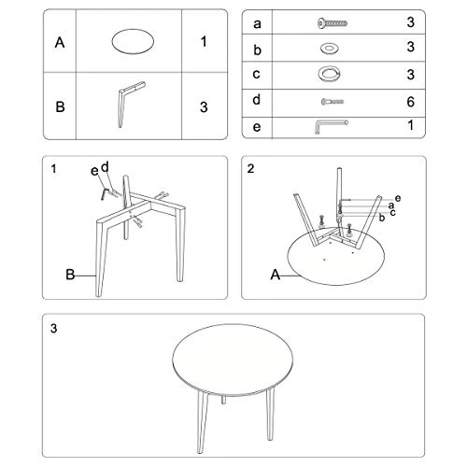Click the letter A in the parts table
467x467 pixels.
(x=60, y=42)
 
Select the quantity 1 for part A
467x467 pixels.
(x=204, y=42)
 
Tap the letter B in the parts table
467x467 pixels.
(x=60, y=106)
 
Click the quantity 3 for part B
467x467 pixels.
(x=204, y=106)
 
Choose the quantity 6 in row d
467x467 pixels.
(x=409, y=99)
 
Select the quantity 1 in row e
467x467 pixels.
(x=409, y=125)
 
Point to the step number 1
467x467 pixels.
(x=55, y=169)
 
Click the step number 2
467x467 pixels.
(x=250, y=169)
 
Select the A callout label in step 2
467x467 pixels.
(x=275, y=275)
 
